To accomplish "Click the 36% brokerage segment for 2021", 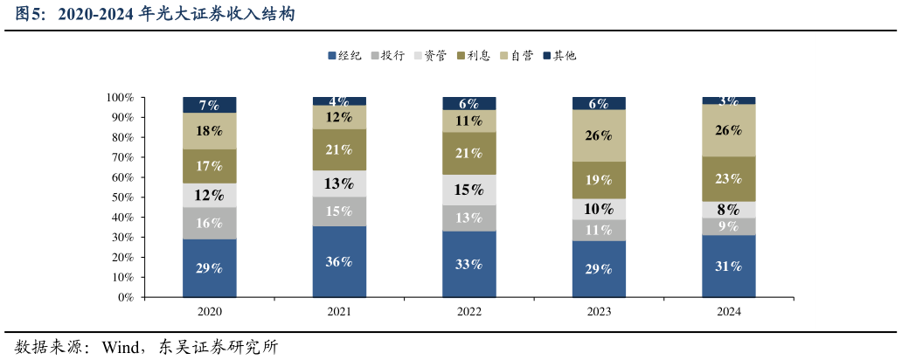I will (339, 261).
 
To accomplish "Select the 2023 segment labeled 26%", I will (599, 135).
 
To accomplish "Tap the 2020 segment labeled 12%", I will (209, 195).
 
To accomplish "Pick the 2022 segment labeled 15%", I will (468, 190).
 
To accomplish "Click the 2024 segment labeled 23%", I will (728, 178).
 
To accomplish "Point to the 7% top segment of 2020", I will (209, 105).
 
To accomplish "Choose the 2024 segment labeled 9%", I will (728, 226).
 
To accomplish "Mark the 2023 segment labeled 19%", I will (599, 180).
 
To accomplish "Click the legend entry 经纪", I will (344, 56).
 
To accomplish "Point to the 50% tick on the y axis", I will (121, 197).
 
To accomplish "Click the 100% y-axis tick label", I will (119, 97).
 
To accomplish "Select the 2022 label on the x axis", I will (468, 311).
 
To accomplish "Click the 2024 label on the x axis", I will (728, 311).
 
